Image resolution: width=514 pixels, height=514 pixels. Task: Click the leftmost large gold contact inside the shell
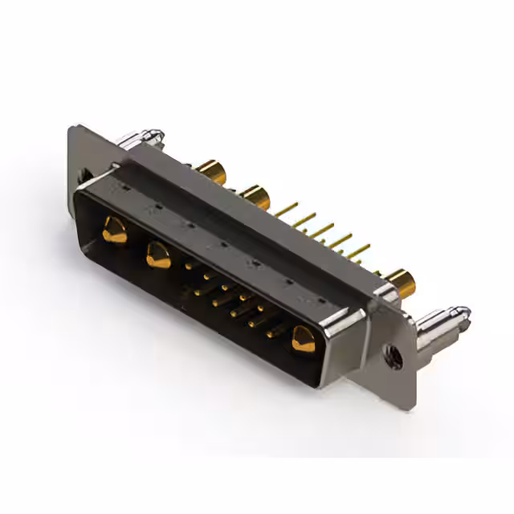114,231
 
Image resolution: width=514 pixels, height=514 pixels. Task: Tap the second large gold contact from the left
157,255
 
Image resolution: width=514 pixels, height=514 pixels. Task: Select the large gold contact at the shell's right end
303,338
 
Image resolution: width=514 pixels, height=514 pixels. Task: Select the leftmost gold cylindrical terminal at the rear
210,171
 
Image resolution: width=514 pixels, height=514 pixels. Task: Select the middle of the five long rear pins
322,231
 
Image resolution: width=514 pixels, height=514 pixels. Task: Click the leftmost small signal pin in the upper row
190,264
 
